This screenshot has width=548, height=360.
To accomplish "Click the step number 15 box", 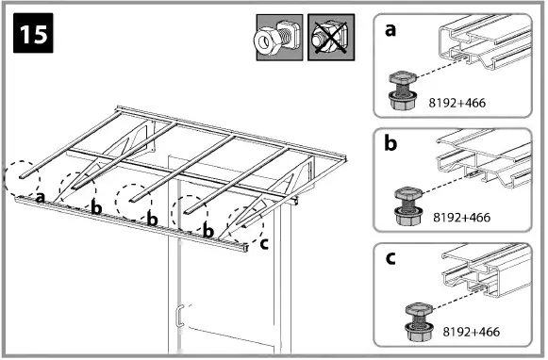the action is (33, 33).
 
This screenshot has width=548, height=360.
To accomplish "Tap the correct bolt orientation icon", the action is (279, 38).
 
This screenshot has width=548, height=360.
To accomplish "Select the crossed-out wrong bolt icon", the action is (331, 38).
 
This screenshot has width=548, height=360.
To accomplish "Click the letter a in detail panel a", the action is (390, 30).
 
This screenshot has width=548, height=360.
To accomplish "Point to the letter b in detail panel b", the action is (390, 142).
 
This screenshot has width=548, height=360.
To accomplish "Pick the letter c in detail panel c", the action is (390, 258).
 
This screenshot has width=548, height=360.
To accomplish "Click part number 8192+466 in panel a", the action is (457, 103).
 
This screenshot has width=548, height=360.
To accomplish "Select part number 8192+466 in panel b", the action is (461, 217).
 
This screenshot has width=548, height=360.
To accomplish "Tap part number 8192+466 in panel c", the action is (471, 332).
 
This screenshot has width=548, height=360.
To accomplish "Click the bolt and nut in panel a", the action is (403, 90).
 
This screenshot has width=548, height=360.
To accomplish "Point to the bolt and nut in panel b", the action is (407, 205).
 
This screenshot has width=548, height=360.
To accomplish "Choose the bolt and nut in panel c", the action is (419, 322).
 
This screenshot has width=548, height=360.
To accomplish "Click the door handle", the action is (179, 316).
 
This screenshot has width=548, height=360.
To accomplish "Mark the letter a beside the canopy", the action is (41, 198).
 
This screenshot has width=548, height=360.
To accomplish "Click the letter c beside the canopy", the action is (264, 244).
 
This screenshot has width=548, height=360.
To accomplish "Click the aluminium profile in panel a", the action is (485, 42).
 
